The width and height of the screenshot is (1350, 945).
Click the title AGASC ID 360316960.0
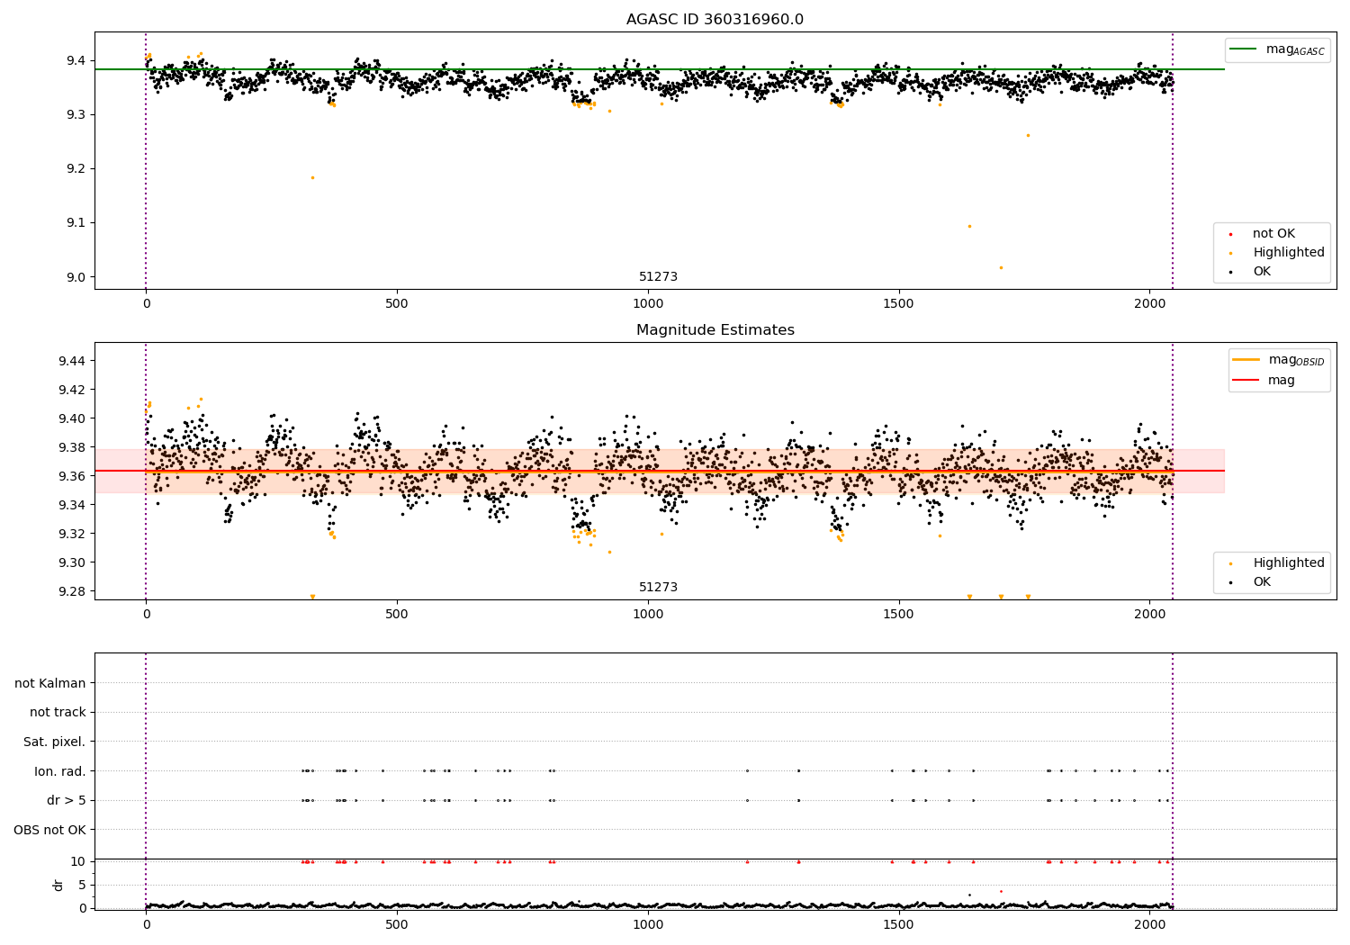(x=715, y=19)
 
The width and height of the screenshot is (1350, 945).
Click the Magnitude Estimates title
(x=715, y=329)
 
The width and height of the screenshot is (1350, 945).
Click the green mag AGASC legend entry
(x=1277, y=49)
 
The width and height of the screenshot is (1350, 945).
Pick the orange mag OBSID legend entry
(x=1278, y=360)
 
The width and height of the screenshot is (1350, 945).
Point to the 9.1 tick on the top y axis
(x=76, y=223)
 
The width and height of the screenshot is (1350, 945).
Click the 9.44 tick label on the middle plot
(x=72, y=361)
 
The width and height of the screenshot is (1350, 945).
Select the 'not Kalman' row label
(x=50, y=683)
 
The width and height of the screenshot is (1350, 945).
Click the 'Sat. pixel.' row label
(x=54, y=742)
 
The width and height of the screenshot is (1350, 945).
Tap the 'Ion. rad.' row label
(x=59, y=771)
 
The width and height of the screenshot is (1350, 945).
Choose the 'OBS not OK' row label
(x=49, y=830)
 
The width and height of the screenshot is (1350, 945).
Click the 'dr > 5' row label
(x=67, y=800)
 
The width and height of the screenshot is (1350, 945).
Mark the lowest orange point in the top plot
(x=1001, y=267)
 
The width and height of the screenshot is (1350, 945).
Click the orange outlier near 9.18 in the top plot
(x=312, y=178)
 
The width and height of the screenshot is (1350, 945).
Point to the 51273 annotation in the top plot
(x=658, y=276)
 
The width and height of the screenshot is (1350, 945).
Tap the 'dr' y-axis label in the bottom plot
(x=58, y=885)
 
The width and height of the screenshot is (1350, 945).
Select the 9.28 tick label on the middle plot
(x=72, y=591)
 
